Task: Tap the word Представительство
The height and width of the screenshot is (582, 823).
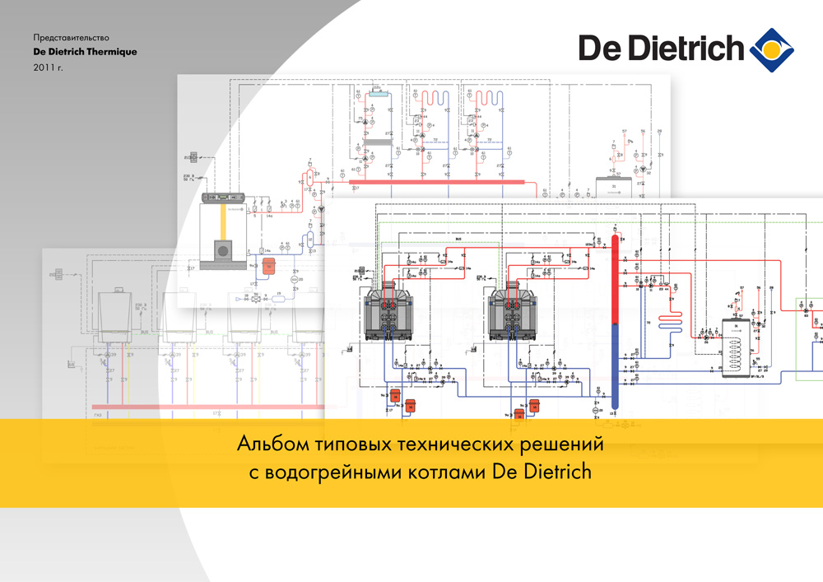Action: click(71, 38)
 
